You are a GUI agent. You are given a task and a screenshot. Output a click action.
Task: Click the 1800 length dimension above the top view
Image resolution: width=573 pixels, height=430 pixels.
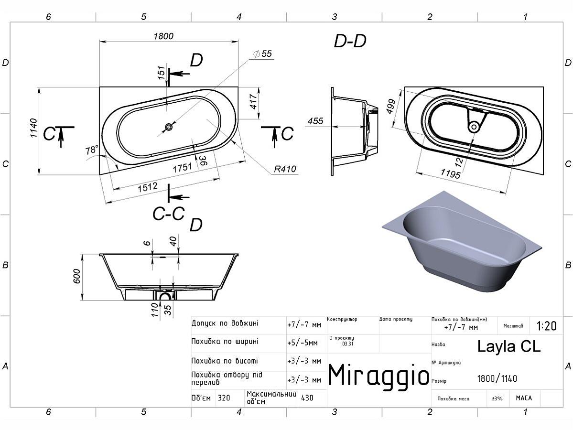point(163,36)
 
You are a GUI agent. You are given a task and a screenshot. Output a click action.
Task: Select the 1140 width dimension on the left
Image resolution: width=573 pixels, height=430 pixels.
point(33,128)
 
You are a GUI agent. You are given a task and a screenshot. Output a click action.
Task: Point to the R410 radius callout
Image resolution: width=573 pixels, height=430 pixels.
point(285,169)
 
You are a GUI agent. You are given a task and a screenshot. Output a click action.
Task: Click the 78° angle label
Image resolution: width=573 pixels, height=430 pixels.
point(92,150)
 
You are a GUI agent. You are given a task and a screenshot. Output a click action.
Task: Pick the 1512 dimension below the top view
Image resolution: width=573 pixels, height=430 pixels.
point(148,187)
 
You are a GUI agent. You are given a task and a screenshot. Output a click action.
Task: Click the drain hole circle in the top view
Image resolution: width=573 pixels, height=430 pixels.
point(169,127)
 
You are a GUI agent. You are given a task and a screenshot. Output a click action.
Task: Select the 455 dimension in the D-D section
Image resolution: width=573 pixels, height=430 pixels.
point(315,121)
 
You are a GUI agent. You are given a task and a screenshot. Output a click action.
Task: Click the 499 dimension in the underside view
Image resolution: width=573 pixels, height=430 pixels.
point(391,107)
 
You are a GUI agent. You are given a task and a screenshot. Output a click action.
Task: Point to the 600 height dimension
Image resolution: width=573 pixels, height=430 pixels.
point(76,277)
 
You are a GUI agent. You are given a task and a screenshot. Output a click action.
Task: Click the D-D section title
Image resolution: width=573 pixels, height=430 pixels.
point(350,41)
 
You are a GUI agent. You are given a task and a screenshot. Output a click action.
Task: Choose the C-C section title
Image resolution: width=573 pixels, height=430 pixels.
point(168,214)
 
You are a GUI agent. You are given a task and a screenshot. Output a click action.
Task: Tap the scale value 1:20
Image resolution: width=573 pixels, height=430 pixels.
point(546,325)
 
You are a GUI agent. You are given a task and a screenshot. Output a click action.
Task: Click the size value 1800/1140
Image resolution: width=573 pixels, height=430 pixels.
point(497,378)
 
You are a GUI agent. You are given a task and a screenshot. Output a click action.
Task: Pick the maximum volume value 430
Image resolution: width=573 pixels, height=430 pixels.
point(307,398)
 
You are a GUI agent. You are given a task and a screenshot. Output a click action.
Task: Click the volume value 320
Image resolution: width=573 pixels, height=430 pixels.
point(224,398)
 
